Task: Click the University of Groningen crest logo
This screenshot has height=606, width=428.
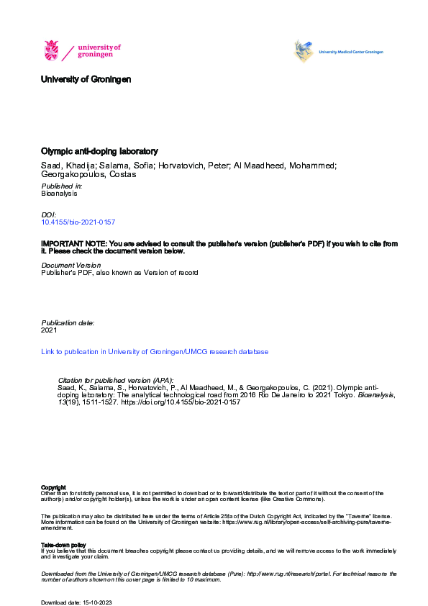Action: tap(52, 51)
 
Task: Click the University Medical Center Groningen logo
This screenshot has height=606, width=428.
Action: tap(304, 51)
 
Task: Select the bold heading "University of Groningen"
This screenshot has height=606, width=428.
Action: tap(86, 80)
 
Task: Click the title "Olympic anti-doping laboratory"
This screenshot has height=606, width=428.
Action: tap(99, 152)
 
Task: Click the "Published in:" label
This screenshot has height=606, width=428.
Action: tap(62, 186)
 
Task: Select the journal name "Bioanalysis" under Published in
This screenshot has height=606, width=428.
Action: tap(59, 194)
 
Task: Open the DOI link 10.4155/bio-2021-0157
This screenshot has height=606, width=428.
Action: tap(78, 223)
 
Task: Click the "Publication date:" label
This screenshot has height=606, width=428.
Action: tap(68, 322)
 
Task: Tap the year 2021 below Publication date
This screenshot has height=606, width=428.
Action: tap(49, 330)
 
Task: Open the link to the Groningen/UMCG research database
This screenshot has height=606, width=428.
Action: tap(155, 352)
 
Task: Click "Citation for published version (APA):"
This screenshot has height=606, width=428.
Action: tap(115, 380)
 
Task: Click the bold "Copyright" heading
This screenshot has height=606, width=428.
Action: tap(54, 487)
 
